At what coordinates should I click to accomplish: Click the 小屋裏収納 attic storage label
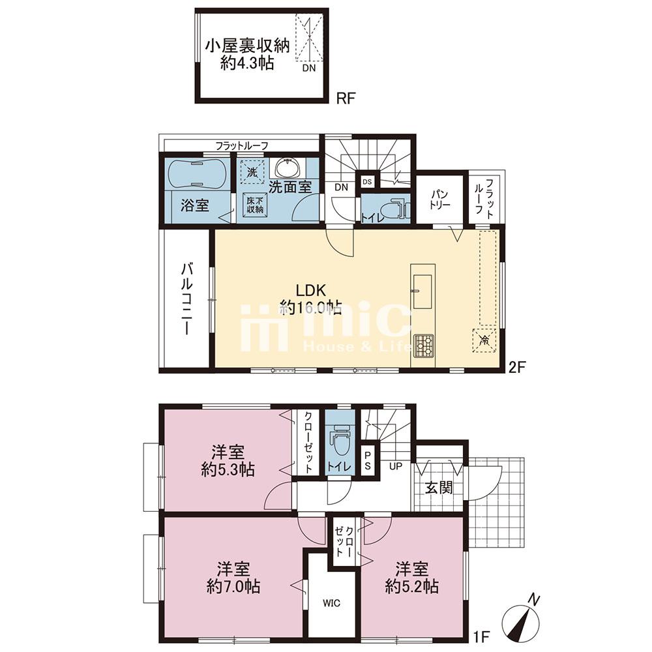click(x=247, y=46)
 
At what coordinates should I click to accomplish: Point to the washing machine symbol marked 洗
click(x=252, y=171)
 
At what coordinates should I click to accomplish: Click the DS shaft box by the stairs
click(x=368, y=182)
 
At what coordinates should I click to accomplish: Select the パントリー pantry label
click(x=440, y=200)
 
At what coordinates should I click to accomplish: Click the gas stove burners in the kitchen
click(x=423, y=346)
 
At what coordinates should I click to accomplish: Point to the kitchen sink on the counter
click(x=423, y=291)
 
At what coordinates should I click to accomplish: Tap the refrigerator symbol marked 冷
click(x=484, y=340)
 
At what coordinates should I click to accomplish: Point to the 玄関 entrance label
click(x=439, y=487)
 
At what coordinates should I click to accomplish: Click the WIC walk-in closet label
click(x=331, y=603)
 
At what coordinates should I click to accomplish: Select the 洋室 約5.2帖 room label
click(x=411, y=578)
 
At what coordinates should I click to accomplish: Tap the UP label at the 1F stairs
click(x=396, y=466)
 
